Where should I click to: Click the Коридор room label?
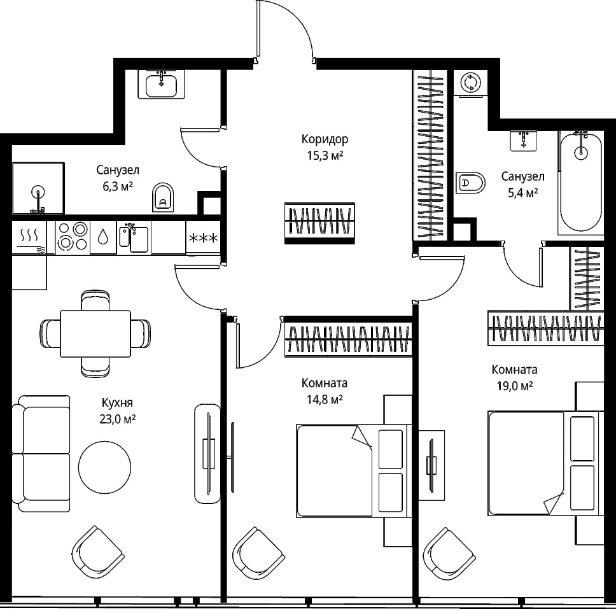point(325,139)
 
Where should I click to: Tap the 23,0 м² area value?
point(118,419)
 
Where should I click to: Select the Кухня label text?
point(117,403)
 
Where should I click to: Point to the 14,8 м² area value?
point(325,400)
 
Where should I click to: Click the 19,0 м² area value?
point(515,386)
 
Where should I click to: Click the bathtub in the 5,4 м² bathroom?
point(580,183)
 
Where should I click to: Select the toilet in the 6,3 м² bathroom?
point(163,197)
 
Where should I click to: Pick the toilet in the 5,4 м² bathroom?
point(470,182)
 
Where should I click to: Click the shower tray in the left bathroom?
point(38,188)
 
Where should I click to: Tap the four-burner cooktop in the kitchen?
point(73,237)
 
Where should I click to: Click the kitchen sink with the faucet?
point(134,237)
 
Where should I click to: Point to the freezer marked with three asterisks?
point(203,238)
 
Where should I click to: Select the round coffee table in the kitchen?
point(104,467)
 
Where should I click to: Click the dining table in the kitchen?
point(95,334)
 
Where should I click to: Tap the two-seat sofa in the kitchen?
point(41,453)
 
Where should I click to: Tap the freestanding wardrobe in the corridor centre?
point(319,223)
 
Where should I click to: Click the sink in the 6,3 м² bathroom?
point(161,84)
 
